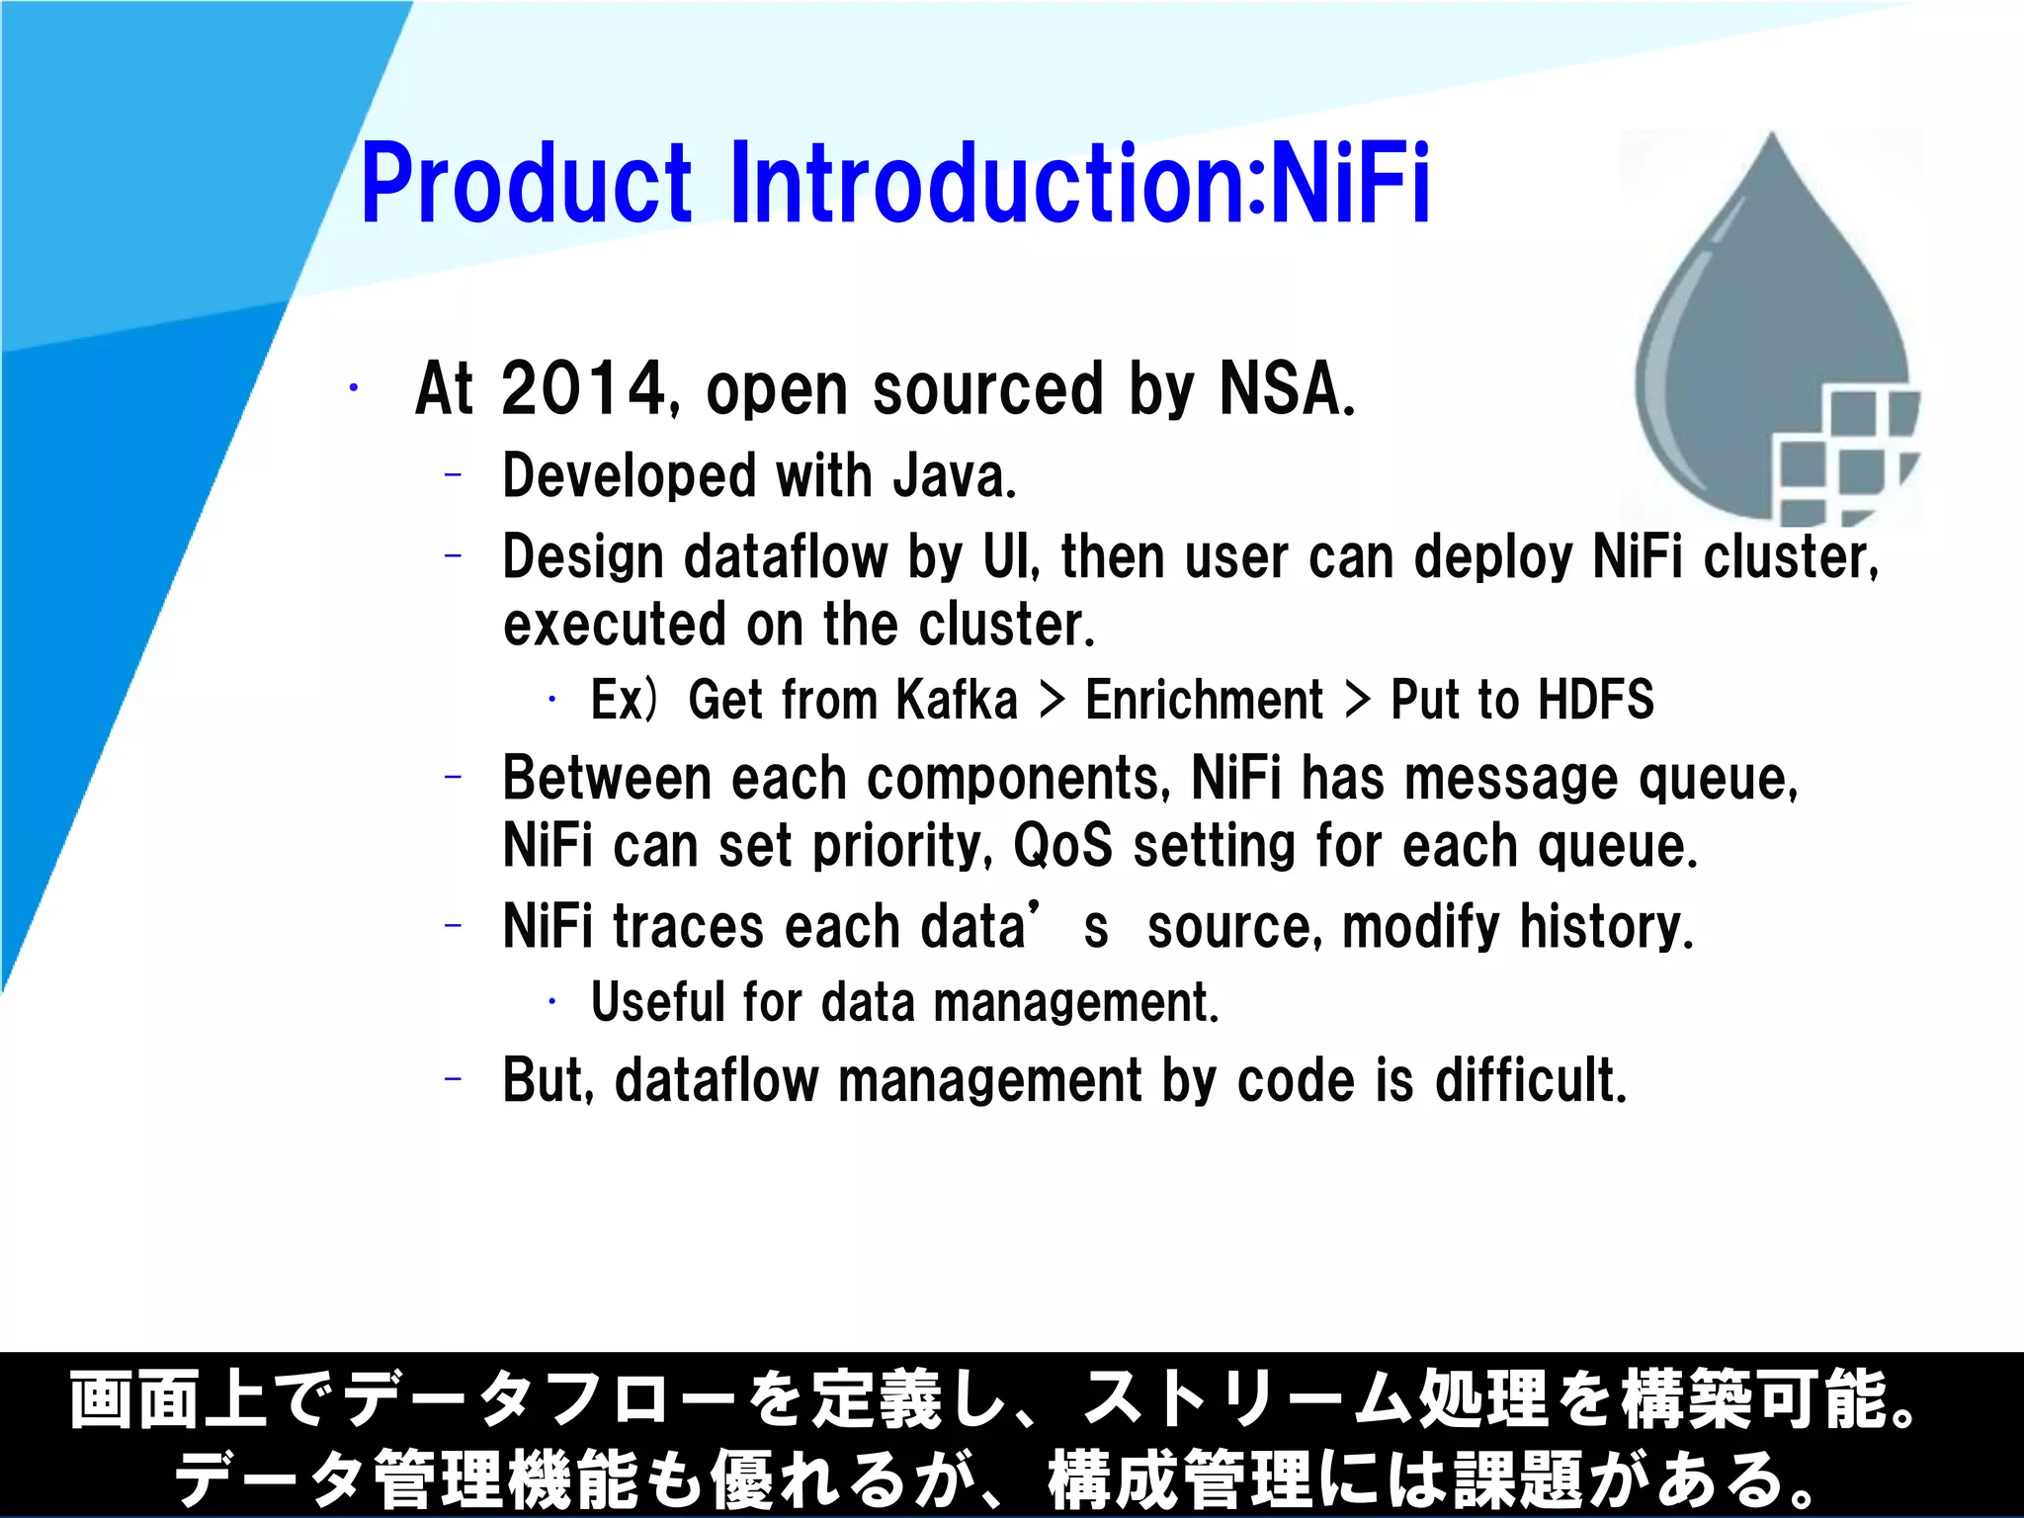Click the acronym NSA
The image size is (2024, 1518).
click(1285, 389)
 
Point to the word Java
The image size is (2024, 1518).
click(953, 476)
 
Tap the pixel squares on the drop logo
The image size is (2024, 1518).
click(1843, 455)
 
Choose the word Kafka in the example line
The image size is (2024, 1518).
click(957, 700)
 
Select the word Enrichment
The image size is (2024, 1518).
click(1204, 700)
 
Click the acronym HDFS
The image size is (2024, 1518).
click(1596, 700)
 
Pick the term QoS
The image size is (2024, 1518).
click(1062, 847)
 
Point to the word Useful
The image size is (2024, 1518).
click(658, 1002)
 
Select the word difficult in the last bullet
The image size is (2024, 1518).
click(1530, 1079)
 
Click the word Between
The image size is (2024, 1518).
click(606, 779)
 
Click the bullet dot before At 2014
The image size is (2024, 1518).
click(353, 389)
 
